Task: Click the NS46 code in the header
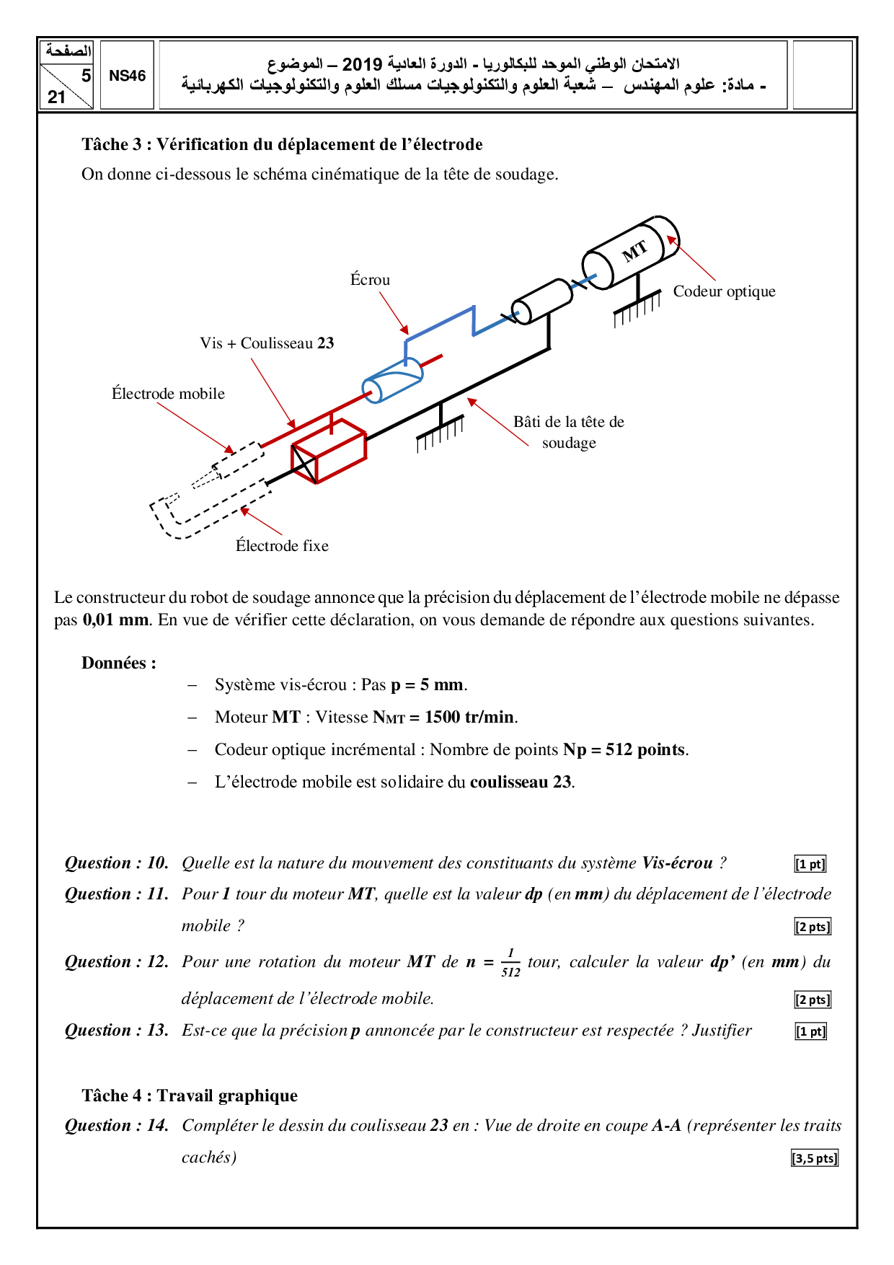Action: (127, 76)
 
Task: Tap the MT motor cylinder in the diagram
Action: (631, 252)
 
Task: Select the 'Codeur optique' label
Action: (724, 291)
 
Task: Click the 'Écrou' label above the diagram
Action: (370, 280)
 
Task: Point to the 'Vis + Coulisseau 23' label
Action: (267, 343)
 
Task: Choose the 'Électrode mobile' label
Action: (168, 394)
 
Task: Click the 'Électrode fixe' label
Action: (282, 546)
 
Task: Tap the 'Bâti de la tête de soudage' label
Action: (569, 432)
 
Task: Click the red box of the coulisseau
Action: (329, 450)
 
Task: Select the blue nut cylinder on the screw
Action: (392, 380)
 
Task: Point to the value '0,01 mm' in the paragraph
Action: (115, 620)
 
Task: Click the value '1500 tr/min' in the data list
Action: (469, 717)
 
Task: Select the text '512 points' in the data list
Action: (645, 750)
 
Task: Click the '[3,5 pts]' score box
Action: (815, 1158)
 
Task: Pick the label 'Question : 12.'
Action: (117, 962)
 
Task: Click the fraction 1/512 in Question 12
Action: (510, 963)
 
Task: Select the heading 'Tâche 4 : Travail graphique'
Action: (190, 1096)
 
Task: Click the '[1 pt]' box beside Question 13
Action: (810, 1031)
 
